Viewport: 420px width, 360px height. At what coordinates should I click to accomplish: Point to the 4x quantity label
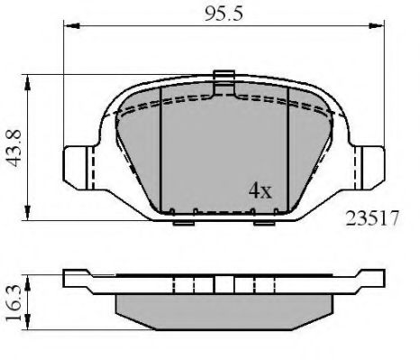(260, 191)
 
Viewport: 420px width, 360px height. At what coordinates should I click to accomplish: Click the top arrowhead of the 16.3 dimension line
(33, 271)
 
